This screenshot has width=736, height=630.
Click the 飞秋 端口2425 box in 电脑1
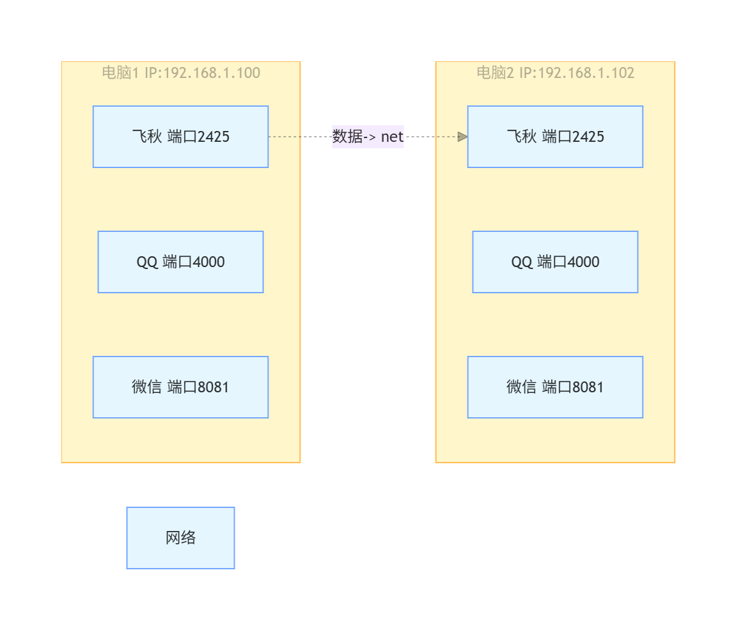(x=181, y=137)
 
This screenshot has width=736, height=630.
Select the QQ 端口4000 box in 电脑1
(x=181, y=262)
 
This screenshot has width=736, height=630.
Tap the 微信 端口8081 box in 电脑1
(x=181, y=387)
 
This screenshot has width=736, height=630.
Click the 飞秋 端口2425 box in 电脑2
(x=555, y=137)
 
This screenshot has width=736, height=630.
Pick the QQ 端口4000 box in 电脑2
(x=555, y=262)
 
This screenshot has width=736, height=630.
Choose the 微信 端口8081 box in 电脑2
(x=555, y=387)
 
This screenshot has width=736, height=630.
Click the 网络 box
(x=181, y=537)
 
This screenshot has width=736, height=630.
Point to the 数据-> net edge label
(x=368, y=137)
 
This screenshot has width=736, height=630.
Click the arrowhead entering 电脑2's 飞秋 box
(x=463, y=137)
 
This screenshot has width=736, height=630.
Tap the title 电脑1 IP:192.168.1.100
(x=181, y=73)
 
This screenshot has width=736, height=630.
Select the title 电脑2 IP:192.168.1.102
(x=555, y=73)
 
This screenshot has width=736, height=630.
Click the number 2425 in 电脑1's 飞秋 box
(x=214, y=137)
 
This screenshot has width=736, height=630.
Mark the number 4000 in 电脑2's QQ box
(x=583, y=262)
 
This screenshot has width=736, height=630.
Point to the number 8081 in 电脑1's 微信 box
(x=213, y=387)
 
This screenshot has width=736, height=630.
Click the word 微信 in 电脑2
(x=521, y=387)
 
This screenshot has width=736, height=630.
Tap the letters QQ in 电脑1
(x=147, y=262)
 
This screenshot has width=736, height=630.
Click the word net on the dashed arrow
(x=392, y=137)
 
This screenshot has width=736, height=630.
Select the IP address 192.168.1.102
(x=586, y=73)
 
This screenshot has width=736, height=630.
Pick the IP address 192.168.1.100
(x=212, y=73)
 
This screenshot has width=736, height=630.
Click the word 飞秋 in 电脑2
(x=522, y=137)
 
